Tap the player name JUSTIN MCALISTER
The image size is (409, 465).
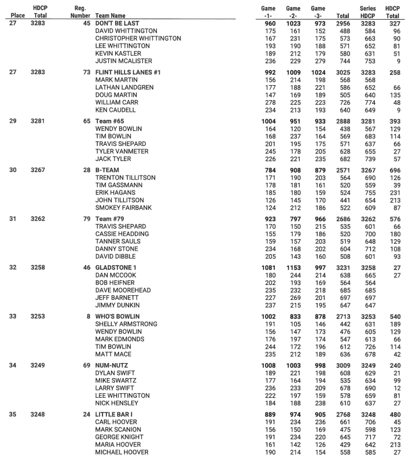pos(124,61)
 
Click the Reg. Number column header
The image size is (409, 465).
pos(80,12)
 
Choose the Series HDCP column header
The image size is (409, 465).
pos(367,12)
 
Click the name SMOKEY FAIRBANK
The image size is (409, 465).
pos(123,207)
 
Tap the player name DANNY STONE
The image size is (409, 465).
pos(116,248)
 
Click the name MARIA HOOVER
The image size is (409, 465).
pos(119,444)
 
